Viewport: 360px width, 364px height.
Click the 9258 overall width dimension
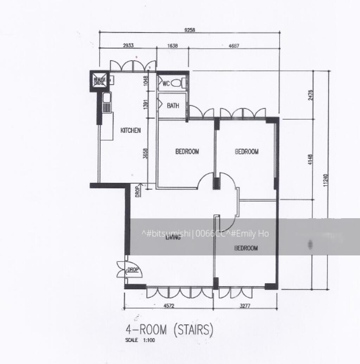pos(189,30)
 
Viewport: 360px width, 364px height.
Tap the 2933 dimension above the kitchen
pos(128,46)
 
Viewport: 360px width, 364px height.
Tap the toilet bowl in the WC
pos(182,84)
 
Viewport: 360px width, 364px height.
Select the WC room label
pos(166,84)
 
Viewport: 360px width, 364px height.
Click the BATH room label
pos(173,105)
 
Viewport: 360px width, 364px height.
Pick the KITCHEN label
pos(130,130)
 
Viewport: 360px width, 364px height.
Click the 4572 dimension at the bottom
pos(169,306)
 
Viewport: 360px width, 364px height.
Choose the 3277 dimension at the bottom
pos(245,306)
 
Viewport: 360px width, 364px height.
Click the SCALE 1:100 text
pos(140,340)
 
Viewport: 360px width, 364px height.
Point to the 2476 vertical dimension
pos(310,95)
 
